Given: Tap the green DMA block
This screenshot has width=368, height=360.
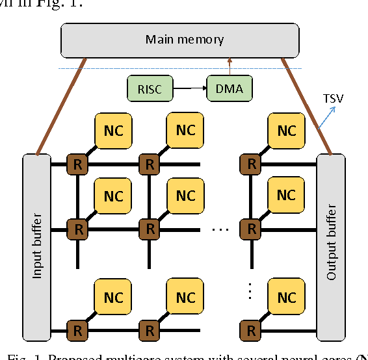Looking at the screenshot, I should [228, 87].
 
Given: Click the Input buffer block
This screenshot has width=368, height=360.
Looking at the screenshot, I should [38, 244].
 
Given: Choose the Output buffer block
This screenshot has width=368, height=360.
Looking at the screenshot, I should [331, 244].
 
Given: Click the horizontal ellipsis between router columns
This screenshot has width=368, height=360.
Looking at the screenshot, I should [220, 229].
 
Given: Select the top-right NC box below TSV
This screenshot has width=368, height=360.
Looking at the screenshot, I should [287, 130].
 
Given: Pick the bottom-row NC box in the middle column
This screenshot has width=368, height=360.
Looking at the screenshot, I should [185, 298].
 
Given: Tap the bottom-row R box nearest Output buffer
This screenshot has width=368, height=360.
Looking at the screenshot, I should [248, 331].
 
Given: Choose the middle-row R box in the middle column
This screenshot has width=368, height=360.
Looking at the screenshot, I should [150, 229].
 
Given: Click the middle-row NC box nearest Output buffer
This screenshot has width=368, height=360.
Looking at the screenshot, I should [287, 196].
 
